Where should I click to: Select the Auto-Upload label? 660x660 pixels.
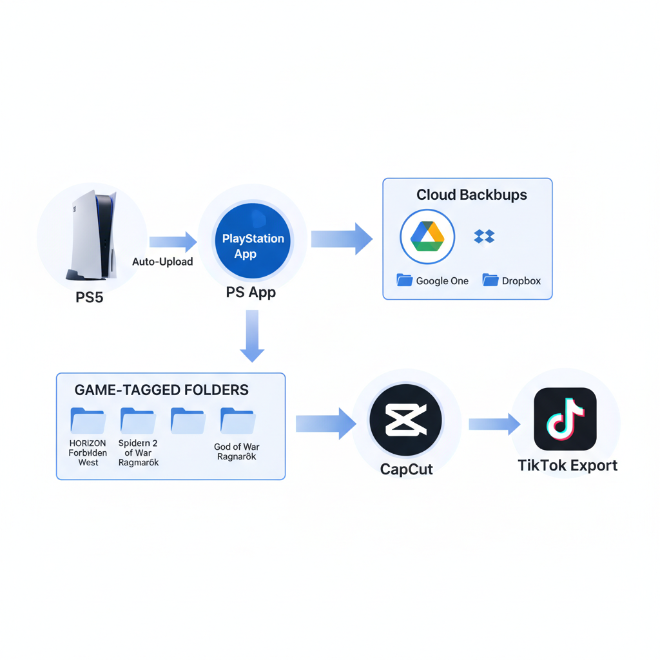(162, 262)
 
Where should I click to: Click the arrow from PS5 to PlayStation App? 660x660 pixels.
(173, 242)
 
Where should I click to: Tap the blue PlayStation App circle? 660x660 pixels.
(253, 246)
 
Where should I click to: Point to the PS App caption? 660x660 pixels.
(251, 293)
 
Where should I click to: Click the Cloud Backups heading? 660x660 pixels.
(471, 195)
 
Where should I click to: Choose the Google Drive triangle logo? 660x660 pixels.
(427, 237)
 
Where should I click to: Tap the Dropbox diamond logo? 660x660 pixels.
(484, 237)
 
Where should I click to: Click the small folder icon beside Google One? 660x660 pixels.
(404, 280)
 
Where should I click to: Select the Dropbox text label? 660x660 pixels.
(521, 281)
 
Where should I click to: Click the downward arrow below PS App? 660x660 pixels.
(252, 335)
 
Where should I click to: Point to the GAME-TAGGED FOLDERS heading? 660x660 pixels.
(162, 390)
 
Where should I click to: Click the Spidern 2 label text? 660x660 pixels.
(138, 443)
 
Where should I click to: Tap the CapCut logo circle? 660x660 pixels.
(405, 420)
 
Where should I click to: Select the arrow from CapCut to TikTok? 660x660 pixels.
(494, 423)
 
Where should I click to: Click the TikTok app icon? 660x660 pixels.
(565, 419)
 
